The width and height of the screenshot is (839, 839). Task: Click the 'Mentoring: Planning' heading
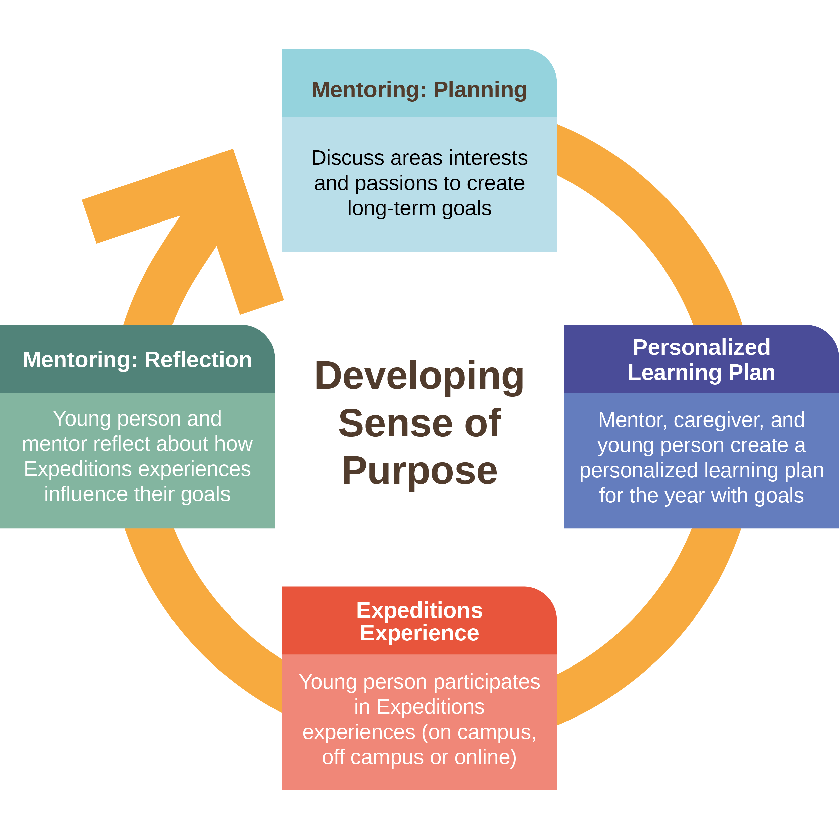(x=419, y=90)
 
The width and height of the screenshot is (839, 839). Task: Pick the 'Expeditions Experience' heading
(x=419, y=622)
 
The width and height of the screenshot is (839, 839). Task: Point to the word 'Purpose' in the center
(x=419, y=471)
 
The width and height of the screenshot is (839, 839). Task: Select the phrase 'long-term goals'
(x=419, y=208)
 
